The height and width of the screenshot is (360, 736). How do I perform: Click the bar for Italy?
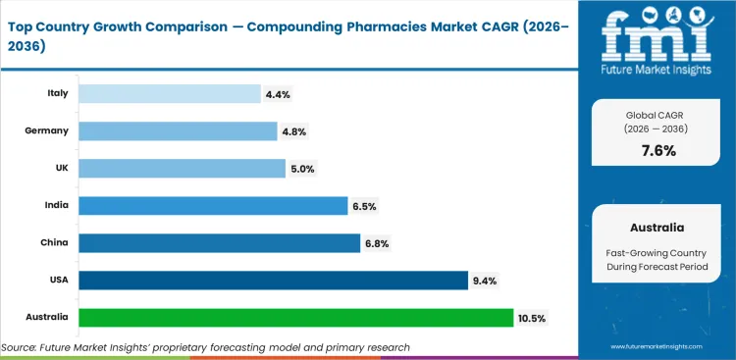[169, 93]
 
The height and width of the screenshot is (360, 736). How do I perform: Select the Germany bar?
[178, 130]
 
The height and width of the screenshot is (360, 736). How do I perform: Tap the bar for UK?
[182, 168]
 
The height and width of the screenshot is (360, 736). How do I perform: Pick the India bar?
[213, 205]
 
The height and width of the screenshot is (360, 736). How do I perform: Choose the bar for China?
[219, 242]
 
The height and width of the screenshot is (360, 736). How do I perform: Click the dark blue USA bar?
[272, 281]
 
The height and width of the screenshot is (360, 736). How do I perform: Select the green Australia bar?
[295, 318]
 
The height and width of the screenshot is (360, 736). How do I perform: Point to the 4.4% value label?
[277, 94]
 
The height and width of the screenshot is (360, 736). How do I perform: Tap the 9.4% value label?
[485, 281]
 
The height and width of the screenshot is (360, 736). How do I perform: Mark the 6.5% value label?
[364, 206]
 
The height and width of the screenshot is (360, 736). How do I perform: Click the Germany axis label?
[49, 130]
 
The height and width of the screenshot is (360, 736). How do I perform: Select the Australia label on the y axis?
[47, 318]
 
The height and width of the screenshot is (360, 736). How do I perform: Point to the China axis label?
[55, 242]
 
